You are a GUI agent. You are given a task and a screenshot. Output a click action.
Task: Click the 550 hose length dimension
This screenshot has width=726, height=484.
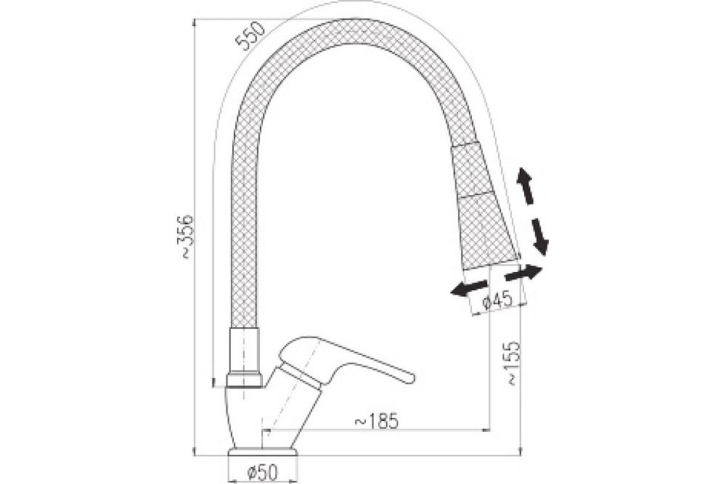250,35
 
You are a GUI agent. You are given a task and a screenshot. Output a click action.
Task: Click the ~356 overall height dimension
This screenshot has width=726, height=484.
187,237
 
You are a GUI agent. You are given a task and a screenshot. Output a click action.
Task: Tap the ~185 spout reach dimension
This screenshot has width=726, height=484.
376,421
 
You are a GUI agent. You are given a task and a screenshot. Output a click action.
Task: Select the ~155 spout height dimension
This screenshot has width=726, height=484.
513,364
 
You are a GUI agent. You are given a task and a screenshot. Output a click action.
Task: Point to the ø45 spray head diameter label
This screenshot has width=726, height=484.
497,300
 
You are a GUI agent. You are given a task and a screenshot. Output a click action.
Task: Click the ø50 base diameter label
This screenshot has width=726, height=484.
262,472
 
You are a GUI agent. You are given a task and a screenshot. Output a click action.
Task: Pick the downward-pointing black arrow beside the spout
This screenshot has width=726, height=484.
539,237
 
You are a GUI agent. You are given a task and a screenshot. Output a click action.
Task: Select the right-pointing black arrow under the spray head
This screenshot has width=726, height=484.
523,273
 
